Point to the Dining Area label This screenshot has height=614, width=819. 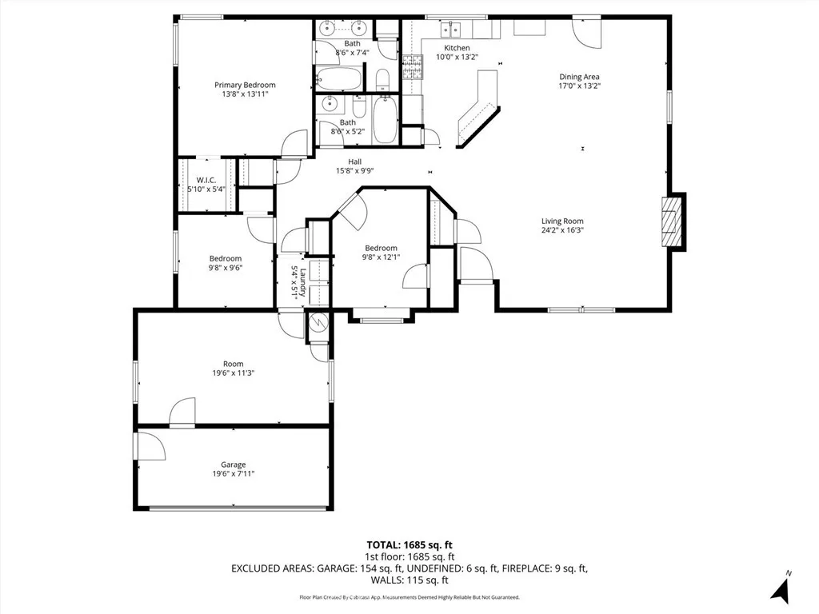coord(579,78)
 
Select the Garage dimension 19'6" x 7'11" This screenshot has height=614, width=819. coord(234,474)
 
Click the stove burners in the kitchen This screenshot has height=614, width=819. coord(412,67)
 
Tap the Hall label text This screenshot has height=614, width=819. coord(354,161)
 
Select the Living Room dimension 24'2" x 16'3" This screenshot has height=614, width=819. coord(562,230)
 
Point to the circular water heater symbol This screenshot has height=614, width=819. coord(318,322)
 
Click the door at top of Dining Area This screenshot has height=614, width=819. coord(585,30)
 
